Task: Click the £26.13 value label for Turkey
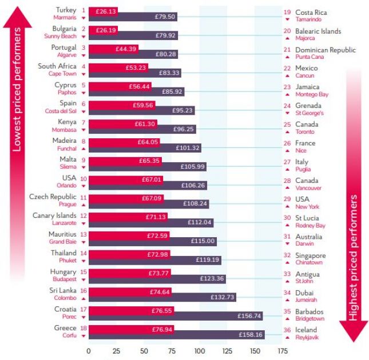pos(106,11)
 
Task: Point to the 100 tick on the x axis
pos(199,350)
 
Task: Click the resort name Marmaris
pos(64,18)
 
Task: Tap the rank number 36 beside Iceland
pos(287,330)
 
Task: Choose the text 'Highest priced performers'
pos(353,257)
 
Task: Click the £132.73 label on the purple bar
pos(223,297)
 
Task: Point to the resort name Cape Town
pos(62,74)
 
